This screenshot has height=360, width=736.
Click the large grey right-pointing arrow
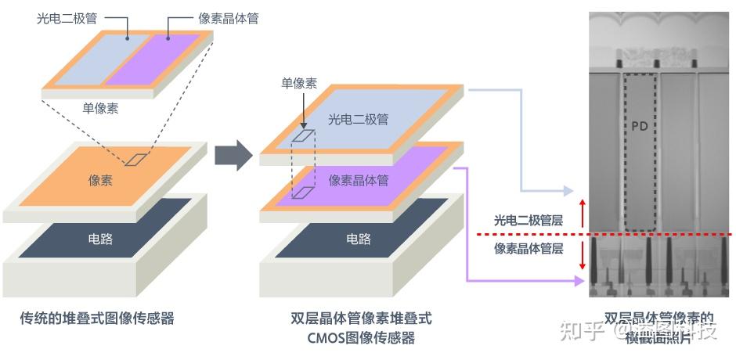click(233, 157)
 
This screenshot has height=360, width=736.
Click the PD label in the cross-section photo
click(640, 125)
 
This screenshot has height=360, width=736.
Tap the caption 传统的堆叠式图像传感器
click(96, 318)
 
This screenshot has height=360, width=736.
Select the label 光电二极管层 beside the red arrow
click(529, 221)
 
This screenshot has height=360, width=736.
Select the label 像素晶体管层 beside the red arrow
click(529, 249)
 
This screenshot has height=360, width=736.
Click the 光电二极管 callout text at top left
click(68, 17)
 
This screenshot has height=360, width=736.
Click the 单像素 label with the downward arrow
click(299, 83)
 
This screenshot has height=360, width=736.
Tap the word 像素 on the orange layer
click(100, 179)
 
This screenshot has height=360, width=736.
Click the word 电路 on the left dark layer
click(100, 239)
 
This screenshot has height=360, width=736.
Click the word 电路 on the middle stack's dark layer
click(358, 239)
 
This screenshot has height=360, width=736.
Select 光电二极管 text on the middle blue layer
click(358, 120)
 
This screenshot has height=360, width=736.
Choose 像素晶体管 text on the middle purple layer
click(358, 180)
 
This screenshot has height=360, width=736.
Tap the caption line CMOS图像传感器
click(362, 338)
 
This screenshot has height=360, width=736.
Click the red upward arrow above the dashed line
click(582, 212)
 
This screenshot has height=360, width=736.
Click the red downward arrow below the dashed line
click(582, 256)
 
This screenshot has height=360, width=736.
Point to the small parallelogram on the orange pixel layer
click(137, 159)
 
